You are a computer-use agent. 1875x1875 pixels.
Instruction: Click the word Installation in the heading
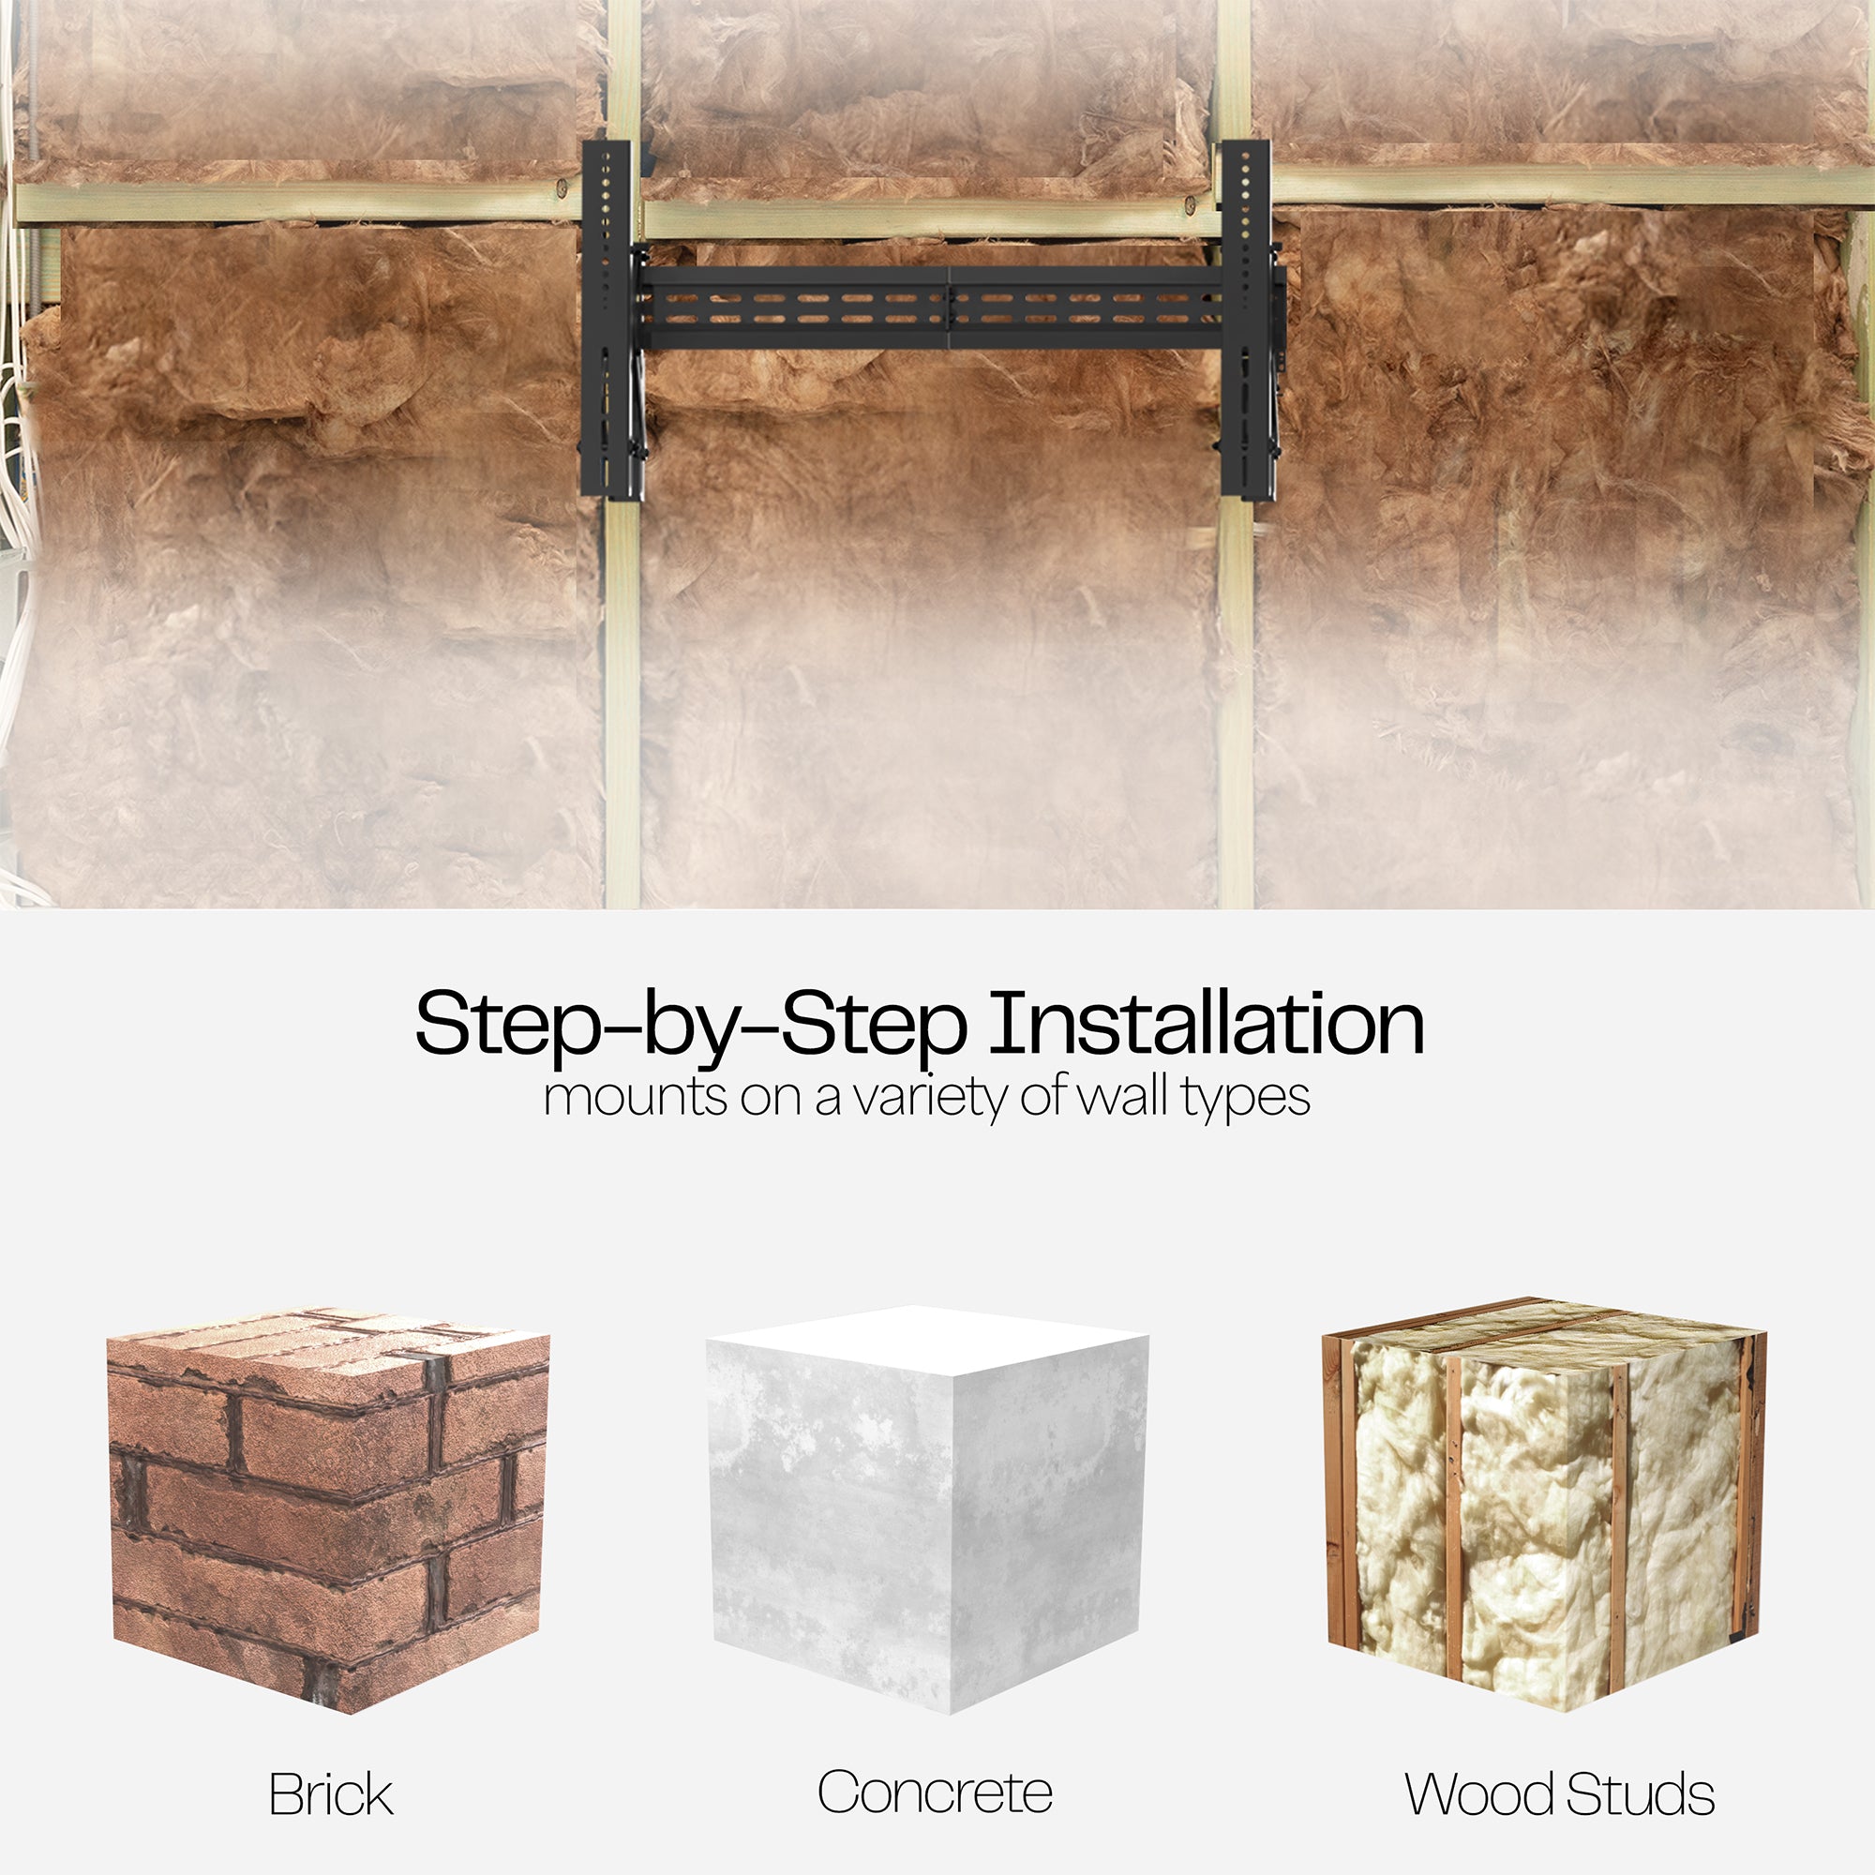coord(1207,1023)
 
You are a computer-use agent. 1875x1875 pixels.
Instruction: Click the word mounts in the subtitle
coord(636,1099)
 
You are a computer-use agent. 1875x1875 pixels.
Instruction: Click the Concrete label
coord(935,1792)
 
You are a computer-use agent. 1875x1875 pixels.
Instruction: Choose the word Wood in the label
coord(1481,1793)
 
